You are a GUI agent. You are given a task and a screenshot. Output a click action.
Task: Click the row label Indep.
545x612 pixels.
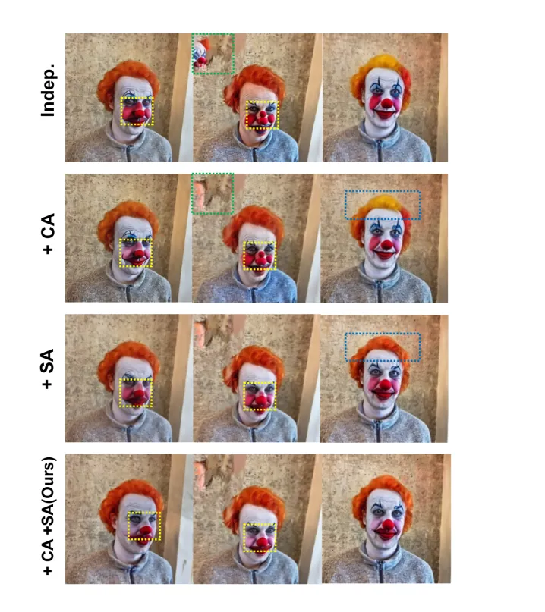[49, 90]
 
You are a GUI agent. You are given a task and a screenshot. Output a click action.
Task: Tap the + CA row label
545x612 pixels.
[49, 234]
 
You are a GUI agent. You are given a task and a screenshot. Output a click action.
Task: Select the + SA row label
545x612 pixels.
[48, 369]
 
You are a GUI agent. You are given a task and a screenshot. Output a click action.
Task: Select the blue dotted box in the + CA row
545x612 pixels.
[383, 191]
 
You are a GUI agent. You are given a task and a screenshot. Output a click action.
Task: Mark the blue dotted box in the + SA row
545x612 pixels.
[383, 334]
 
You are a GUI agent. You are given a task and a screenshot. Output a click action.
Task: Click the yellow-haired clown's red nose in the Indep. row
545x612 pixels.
[387, 103]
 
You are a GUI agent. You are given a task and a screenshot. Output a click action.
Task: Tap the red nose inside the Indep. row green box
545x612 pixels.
[201, 61]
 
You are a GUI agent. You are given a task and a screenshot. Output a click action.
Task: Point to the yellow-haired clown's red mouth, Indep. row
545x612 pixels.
[384, 114]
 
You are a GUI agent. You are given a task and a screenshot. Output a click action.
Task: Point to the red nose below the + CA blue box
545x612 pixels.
[386, 245]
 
